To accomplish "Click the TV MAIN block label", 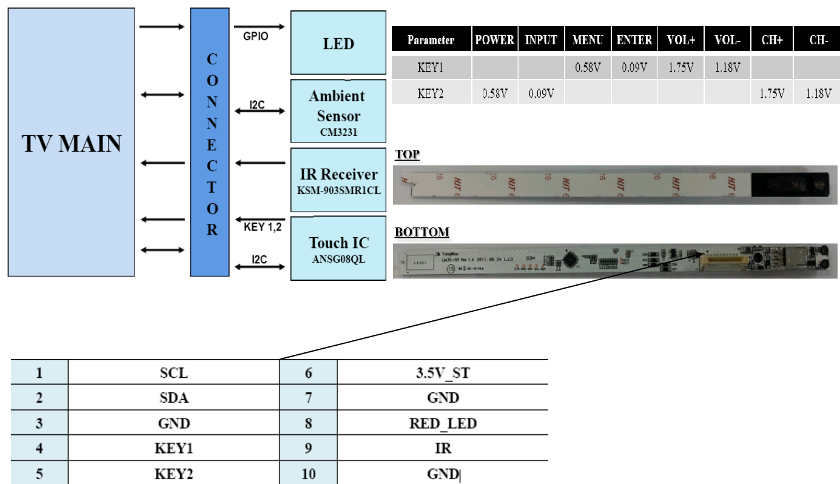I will point(72,144).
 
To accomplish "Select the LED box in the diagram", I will point(338,44).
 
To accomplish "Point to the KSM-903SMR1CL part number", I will point(338,189).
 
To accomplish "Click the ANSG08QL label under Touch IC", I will point(338,258).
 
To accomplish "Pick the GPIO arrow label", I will point(255,36).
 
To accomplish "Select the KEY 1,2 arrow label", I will point(261,227).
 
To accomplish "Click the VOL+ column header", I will point(680,41).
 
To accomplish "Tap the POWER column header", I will point(494,41).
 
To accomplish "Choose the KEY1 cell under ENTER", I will point(634,67).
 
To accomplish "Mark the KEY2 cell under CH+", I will point(771,93).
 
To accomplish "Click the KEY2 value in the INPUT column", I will point(541,93).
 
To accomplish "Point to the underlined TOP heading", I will point(407,155).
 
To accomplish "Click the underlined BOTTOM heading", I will point(422,232).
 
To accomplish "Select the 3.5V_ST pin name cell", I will point(442,372).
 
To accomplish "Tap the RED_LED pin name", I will point(442,423).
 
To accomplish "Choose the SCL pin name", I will point(174,372).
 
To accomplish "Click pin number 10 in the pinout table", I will point(308,473).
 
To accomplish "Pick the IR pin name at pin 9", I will point(442,449).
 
